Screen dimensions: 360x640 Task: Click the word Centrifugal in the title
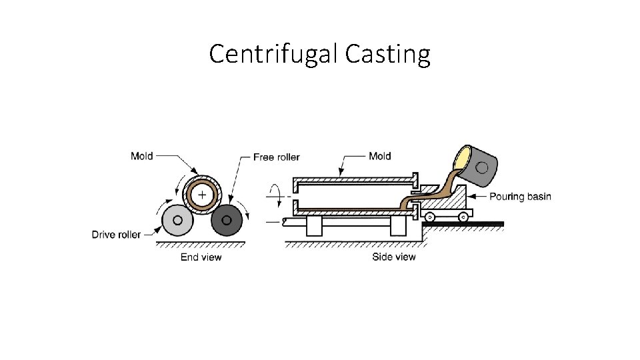tap(274, 54)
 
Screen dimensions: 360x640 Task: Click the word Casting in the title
tap(388, 54)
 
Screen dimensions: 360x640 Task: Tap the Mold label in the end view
tap(141, 156)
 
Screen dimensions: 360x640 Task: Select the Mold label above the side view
tap(380, 156)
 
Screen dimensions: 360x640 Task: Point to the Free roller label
tap(277, 157)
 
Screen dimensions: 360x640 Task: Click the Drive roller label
tap(116, 234)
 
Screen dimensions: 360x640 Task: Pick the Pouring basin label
tap(521, 197)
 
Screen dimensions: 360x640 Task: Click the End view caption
tap(201, 257)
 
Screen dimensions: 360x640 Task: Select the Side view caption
tap(394, 257)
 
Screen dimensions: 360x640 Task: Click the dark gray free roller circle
tap(226, 221)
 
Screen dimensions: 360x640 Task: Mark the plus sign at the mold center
tap(199, 193)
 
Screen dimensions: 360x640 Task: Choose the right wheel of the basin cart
tap(461, 216)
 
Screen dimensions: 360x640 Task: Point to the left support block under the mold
tap(314, 227)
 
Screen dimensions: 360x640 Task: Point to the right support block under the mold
tap(398, 227)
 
